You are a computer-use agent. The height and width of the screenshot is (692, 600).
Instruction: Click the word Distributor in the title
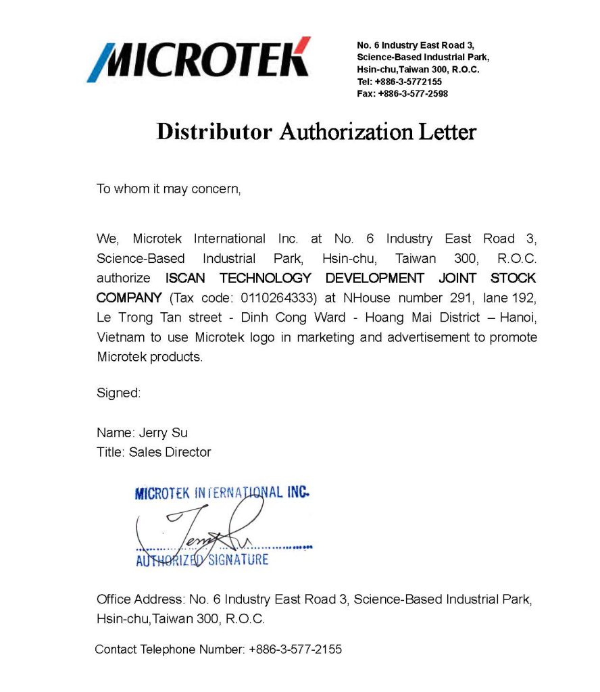[214, 131]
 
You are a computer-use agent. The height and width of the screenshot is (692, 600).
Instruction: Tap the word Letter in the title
[445, 131]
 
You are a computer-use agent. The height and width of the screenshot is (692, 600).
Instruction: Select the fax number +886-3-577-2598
[412, 94]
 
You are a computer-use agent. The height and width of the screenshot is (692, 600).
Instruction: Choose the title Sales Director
[170, 452]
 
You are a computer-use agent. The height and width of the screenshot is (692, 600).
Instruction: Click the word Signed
[118, 393]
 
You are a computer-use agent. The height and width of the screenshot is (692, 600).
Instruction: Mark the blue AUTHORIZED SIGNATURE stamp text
[202, 560]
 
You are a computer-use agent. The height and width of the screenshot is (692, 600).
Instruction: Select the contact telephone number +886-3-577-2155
[295, 649]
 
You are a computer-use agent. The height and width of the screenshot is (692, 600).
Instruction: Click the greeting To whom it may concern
[168, 189]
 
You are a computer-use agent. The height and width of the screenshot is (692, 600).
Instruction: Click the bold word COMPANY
[129, 297]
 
